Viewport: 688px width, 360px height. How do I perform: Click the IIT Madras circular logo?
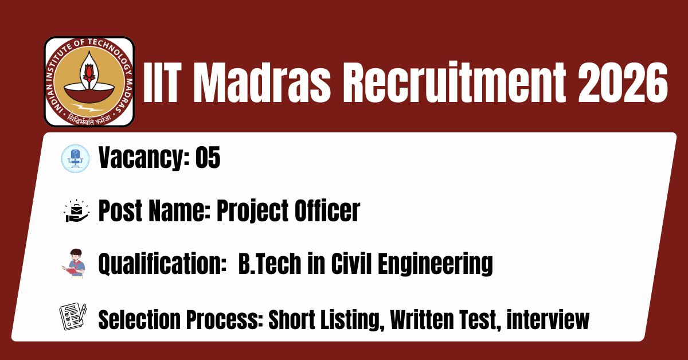pos(89,81)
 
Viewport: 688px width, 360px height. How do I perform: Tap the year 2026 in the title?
pos(623,83)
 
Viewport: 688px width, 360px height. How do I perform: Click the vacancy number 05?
pos(208,157)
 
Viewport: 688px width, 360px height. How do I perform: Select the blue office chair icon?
pos(75,158)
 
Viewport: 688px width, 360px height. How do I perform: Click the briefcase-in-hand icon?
pos(77,211)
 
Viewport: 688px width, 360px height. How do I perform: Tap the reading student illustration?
pos(74,264)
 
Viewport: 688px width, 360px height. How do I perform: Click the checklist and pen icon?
pos(73,316)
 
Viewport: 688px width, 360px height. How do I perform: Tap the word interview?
pos(548,320)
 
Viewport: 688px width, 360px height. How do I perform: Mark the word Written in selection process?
pos(421,320)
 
